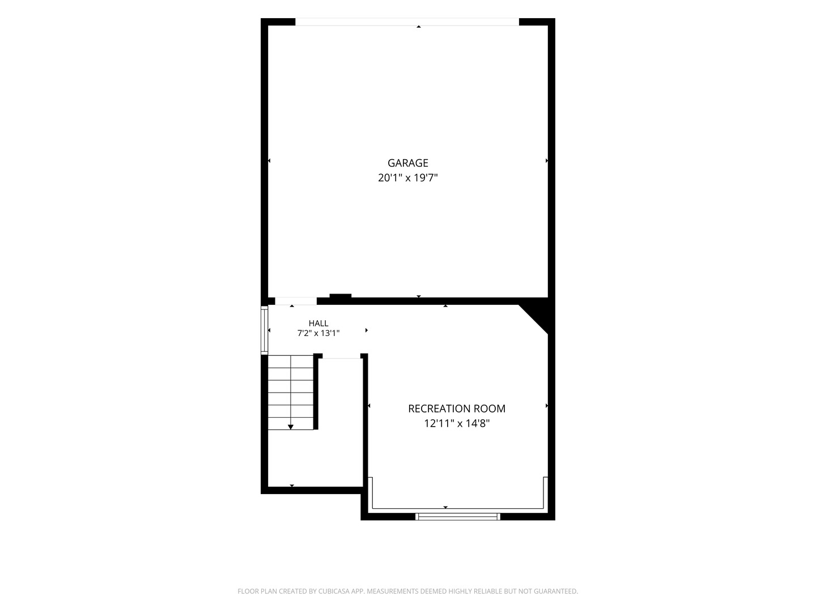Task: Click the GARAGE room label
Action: click(x=408, y=163)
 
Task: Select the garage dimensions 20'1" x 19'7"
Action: click(x=408, y=178)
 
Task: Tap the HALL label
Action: click(x=318, y=323)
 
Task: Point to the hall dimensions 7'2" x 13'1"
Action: click(x=318, y=333)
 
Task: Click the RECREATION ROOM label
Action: click(x=457, y=409)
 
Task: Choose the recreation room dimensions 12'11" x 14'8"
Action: click(x=457, y=424)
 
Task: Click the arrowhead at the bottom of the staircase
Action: click(x=291, y=427)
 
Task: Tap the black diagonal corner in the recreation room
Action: click(x=538, y=316)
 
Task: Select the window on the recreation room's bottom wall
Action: click(x=458, y=516)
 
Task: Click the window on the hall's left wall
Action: click(x=264, y=330)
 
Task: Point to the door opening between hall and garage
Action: click(x=296, y=301)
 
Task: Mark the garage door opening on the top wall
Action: click(x=407, y=22)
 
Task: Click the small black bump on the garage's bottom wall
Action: click(x=341, y=296)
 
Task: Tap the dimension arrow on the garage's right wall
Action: click(x=546, y=160)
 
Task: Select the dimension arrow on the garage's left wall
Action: click(x=269, y=160)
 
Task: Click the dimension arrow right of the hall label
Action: click(x=367, y=330)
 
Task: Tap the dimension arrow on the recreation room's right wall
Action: click(x=546, y=406)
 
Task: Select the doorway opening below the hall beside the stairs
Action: click(x=341, y=358)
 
